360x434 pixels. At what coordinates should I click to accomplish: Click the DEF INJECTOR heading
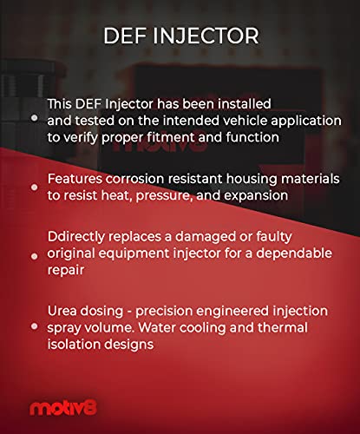coord(180,36)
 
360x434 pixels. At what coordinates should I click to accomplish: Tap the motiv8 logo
coord(56,406)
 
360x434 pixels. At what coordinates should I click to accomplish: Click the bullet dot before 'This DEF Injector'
coord(34,116)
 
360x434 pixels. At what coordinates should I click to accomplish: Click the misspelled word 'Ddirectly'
coord(75,235)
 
